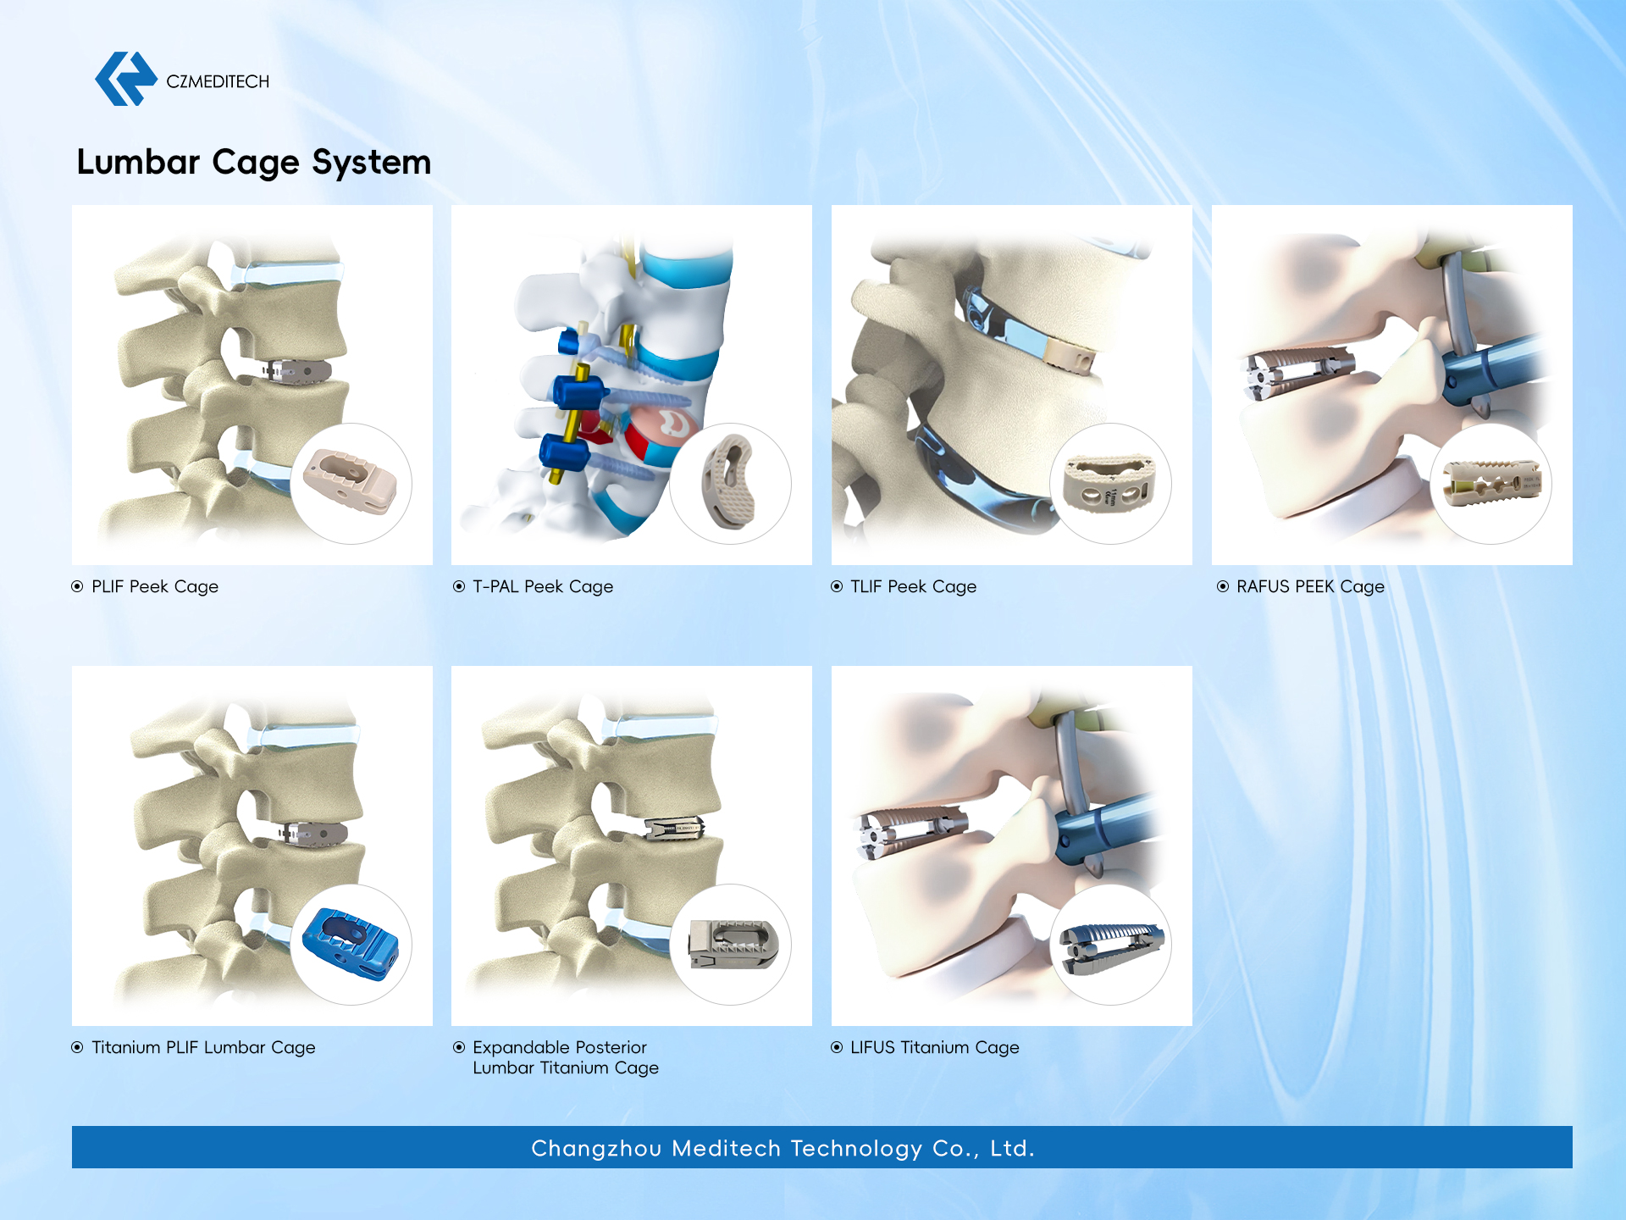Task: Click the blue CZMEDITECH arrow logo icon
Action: coord(125,79)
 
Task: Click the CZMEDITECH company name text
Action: coord(218,81)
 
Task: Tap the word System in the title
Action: coord(372,163)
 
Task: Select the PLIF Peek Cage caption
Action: coord(155,586)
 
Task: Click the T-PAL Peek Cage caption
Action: coord(543,586)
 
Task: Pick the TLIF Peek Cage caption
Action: coord(913,586)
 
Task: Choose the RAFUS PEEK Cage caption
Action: coord(1310,586)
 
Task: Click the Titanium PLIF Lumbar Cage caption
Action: coord(203,1047)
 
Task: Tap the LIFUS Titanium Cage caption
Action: coord(935,1047)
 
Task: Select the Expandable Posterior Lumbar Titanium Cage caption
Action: coord(566,1057)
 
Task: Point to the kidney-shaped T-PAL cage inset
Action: coord(728,482)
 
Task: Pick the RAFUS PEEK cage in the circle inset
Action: coord(1491,483)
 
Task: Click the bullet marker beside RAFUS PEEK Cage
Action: coord(1222,586)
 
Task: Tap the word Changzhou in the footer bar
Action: coord(596,1149)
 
